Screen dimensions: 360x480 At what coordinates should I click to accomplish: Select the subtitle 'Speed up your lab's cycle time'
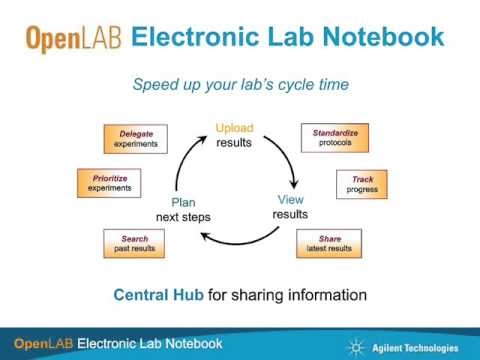(x=240, y=84)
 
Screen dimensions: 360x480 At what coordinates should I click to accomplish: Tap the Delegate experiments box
(x=136, y=138)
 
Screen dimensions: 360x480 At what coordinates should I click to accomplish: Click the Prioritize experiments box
(x=109, y=182)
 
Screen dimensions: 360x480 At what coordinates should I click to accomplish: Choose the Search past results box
(x=134, y=243)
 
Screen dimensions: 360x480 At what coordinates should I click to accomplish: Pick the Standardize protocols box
(x=335, y=137)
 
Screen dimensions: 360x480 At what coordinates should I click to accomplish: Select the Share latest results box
(x=330, y=243)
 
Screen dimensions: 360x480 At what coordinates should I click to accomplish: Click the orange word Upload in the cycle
(x=235, y=128)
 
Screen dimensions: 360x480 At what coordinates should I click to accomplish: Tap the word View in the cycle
(x=290, y=199)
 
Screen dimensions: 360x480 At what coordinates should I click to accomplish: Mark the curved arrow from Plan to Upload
(x=186, y=160)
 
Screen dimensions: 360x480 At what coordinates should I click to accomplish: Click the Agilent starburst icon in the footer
(x=355, y=346)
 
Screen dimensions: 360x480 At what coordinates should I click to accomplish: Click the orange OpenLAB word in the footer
(x=43, y=344)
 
